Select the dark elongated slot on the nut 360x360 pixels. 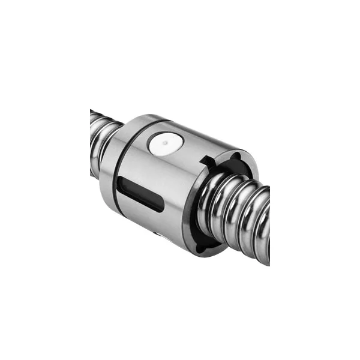(x=139, y=193)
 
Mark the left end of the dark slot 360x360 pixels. (x=121, y=183)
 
